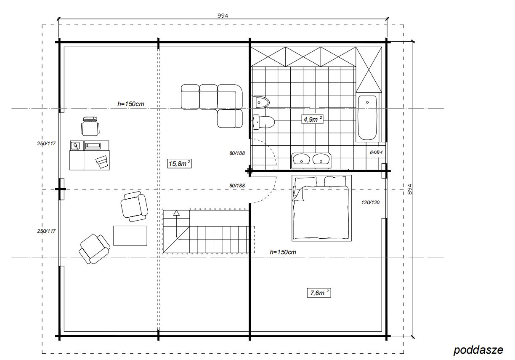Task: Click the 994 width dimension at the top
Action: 223,16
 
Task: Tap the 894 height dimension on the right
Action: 410,189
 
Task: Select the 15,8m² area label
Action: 179,163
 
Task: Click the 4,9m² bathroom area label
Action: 312,119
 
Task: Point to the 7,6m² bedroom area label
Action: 319,293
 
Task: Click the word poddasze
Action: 478,350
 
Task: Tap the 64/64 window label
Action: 376,152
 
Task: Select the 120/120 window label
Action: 370,203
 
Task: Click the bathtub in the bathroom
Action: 367,118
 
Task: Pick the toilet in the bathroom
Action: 263,122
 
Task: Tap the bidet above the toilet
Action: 261,102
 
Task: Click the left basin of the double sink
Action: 301,159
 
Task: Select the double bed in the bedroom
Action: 321,208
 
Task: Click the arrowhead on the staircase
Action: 176,213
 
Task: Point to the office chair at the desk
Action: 90,126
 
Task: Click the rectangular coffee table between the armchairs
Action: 130,235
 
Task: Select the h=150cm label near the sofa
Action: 131,104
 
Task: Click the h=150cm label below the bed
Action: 283,252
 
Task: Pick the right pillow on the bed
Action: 335,181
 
